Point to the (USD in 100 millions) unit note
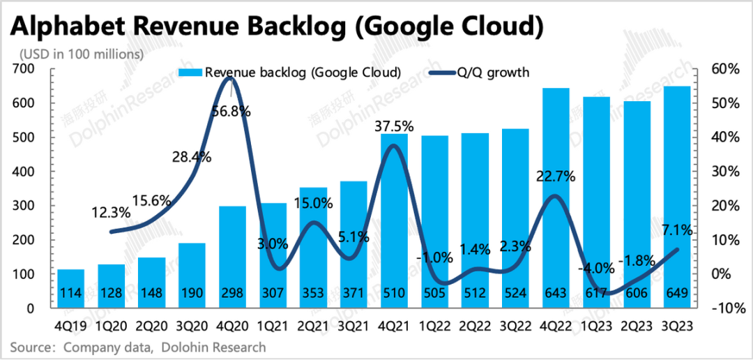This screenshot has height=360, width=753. [82, 53]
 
